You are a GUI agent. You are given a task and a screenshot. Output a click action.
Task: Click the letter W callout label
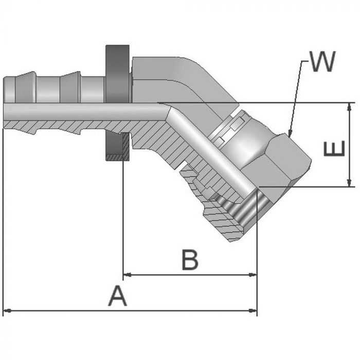point(322,62)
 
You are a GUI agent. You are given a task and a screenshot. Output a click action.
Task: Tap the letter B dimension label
point(189,260)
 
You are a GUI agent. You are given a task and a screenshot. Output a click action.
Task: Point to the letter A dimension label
point(117,297)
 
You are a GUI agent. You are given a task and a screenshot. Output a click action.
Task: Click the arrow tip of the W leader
point(289,135)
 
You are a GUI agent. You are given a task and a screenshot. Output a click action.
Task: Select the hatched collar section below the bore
point(117,147)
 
